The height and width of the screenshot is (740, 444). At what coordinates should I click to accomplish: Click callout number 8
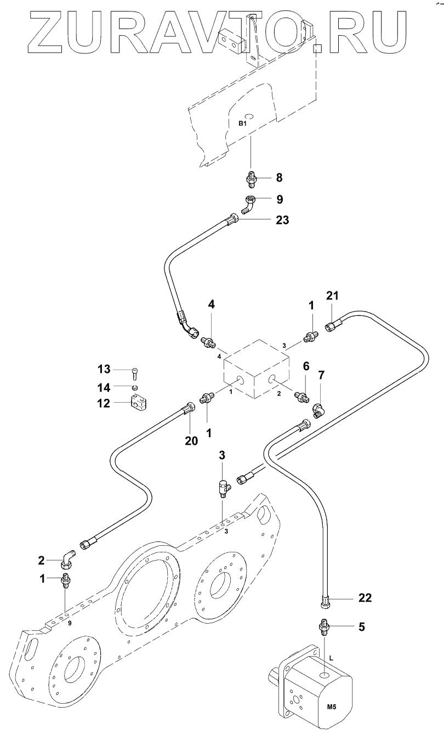pyautogui.click(x=279, y=178)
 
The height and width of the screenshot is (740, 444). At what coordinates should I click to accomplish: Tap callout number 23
pyautogui.click(x=282, y=220)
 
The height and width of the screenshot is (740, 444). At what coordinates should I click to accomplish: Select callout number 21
pyautogui.click(x=332, y=295)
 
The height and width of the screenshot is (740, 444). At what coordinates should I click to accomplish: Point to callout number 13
pyautogui.click(x=104, y=369)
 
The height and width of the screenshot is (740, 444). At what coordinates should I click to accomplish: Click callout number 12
pyautogui.click(x=104, y=403)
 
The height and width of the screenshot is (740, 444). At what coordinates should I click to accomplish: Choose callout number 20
pyautogui.click(x=191, y=440)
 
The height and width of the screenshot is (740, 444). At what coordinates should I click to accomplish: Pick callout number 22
pyautogui.click(x=365, y=597)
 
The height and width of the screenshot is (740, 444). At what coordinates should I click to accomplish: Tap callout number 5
pyautogui.click(x=362, y=626)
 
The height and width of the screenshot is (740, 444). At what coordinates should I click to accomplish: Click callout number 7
pyautogui.click(x=321, y=375)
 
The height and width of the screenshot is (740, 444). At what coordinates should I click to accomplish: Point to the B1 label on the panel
pyautogui.click(x=243, y=123)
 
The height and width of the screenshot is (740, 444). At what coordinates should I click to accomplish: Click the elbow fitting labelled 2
pyautogui.click(x=67, y=560)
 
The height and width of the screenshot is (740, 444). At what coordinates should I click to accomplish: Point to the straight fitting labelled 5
pyautogui.click(x=325, y=626)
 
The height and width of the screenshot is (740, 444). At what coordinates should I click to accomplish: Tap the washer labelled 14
pyautogui.click(x=135, y=387)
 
